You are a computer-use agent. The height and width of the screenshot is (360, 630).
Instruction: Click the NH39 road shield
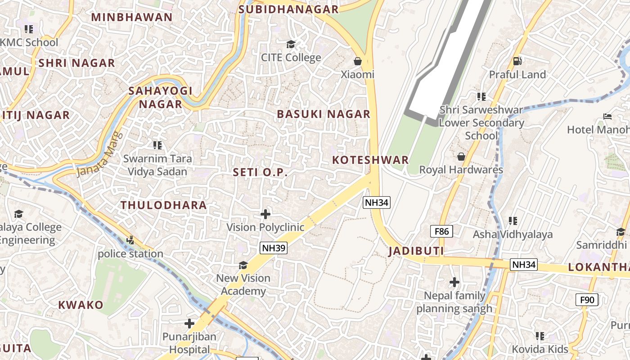coord(274,248)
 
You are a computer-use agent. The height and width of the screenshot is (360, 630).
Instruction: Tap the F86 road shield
coord(441,231)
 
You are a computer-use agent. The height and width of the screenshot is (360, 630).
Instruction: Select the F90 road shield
coord(587,299)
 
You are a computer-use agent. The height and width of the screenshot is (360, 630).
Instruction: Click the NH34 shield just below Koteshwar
coord(376,202)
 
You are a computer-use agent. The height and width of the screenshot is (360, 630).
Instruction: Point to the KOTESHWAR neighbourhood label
coord(370,160)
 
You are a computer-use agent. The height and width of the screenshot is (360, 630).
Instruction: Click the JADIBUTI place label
coord(416,251)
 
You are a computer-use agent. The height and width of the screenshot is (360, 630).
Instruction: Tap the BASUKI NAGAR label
coord(324,114)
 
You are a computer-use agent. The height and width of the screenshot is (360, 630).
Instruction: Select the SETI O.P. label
coord(260,172)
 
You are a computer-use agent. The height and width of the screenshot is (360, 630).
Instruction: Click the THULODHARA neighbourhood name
coord(164,205)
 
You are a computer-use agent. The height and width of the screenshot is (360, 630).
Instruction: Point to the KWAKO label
coord(81,305)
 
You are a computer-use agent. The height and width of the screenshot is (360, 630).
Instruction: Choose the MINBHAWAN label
coord(132,18)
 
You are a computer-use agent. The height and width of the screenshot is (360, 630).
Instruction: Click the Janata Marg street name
coord(100,154)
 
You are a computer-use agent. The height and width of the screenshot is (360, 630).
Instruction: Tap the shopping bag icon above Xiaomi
coord(358,61)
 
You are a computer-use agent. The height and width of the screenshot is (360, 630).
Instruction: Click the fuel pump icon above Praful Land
coord(517,61)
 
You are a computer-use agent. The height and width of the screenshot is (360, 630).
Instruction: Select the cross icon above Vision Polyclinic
coord(265,214)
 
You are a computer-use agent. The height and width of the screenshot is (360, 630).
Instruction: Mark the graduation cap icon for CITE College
coord(291,44)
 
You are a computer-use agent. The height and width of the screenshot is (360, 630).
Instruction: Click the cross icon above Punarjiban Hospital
coord(189,323)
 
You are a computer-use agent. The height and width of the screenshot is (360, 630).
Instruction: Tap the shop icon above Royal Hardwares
coord(461,157)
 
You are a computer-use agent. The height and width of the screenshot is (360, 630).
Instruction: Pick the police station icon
coord(130,240)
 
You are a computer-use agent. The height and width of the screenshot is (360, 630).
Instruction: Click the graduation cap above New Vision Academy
coord(243,265)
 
